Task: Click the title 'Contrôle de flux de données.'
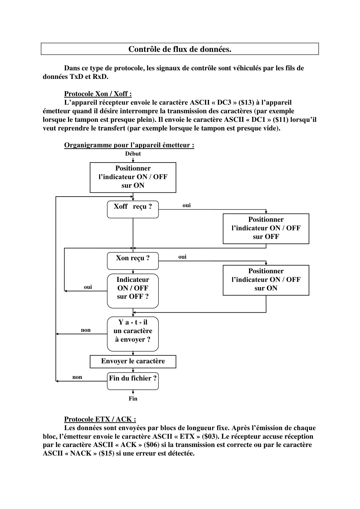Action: tap(180, 49)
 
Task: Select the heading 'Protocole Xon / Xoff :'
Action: tap(98, 94)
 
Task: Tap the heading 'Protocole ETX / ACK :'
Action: tap(100, 419)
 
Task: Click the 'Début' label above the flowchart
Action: tap(133, 154)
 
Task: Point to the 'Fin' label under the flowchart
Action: tap(133, 399)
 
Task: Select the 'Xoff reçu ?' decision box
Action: tap(133, 209)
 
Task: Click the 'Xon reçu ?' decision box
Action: tap(133, 261)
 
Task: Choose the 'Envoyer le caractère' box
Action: tap(133, 361)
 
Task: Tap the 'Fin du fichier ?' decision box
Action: tap(133, 381)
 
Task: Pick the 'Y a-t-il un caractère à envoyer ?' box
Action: tap(133, 334)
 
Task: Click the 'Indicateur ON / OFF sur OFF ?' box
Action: tap(133, 291)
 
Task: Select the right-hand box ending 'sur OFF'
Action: tap(266, 229)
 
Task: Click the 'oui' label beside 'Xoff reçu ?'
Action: tap(187, 206)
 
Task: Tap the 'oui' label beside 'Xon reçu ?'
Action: tap(182, 257)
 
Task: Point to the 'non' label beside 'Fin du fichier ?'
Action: tap(77, 377)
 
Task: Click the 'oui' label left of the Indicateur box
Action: tap(88, 287)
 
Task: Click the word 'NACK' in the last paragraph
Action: tap(81, 454)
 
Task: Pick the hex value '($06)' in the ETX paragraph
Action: tap(151, 445)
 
